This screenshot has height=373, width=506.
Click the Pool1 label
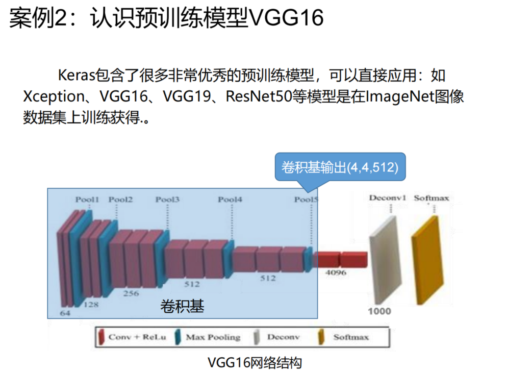(x=87, y=200)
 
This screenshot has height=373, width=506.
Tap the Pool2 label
(x=120, y=200)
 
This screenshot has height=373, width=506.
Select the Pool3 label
(x=167, y=200)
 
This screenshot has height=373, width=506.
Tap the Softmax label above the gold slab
(x=432, y=197)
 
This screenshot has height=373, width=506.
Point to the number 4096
(x=336, y=273)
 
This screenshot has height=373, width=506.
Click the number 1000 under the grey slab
(x=379, y=311)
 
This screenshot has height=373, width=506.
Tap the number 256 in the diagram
(x=131, y=293)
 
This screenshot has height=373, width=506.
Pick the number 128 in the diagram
(x=91, y=305)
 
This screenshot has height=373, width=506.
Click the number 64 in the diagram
(x=65, y=313)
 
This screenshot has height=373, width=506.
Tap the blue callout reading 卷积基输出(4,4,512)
(x=340, y=167)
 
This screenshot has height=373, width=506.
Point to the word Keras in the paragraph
(x=77, y=76)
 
